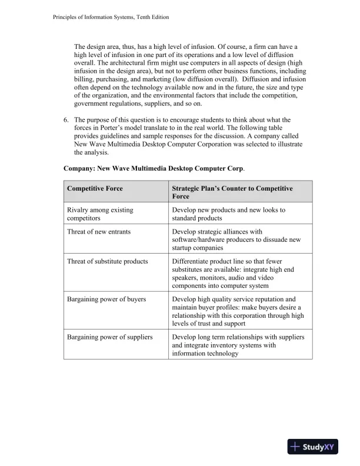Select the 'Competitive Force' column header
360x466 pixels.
coord(95,188)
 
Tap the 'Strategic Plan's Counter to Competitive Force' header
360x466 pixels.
coord(232,192)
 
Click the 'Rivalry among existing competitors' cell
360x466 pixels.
coord(100,214)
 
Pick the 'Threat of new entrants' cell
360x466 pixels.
coord(99,231)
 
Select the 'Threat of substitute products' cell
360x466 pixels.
coord(108,261)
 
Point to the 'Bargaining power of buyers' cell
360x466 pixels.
coord(106,299)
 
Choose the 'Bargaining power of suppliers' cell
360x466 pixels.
coord(110,337)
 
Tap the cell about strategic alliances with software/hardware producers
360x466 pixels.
coord(236,239)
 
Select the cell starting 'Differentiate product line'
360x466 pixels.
coord(236,273)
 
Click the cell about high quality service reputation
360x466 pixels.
coord(238,311)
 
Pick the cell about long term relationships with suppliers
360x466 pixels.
coord(238,345)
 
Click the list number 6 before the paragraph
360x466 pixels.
coord(66,121)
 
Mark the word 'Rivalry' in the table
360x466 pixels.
coord(78,209)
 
